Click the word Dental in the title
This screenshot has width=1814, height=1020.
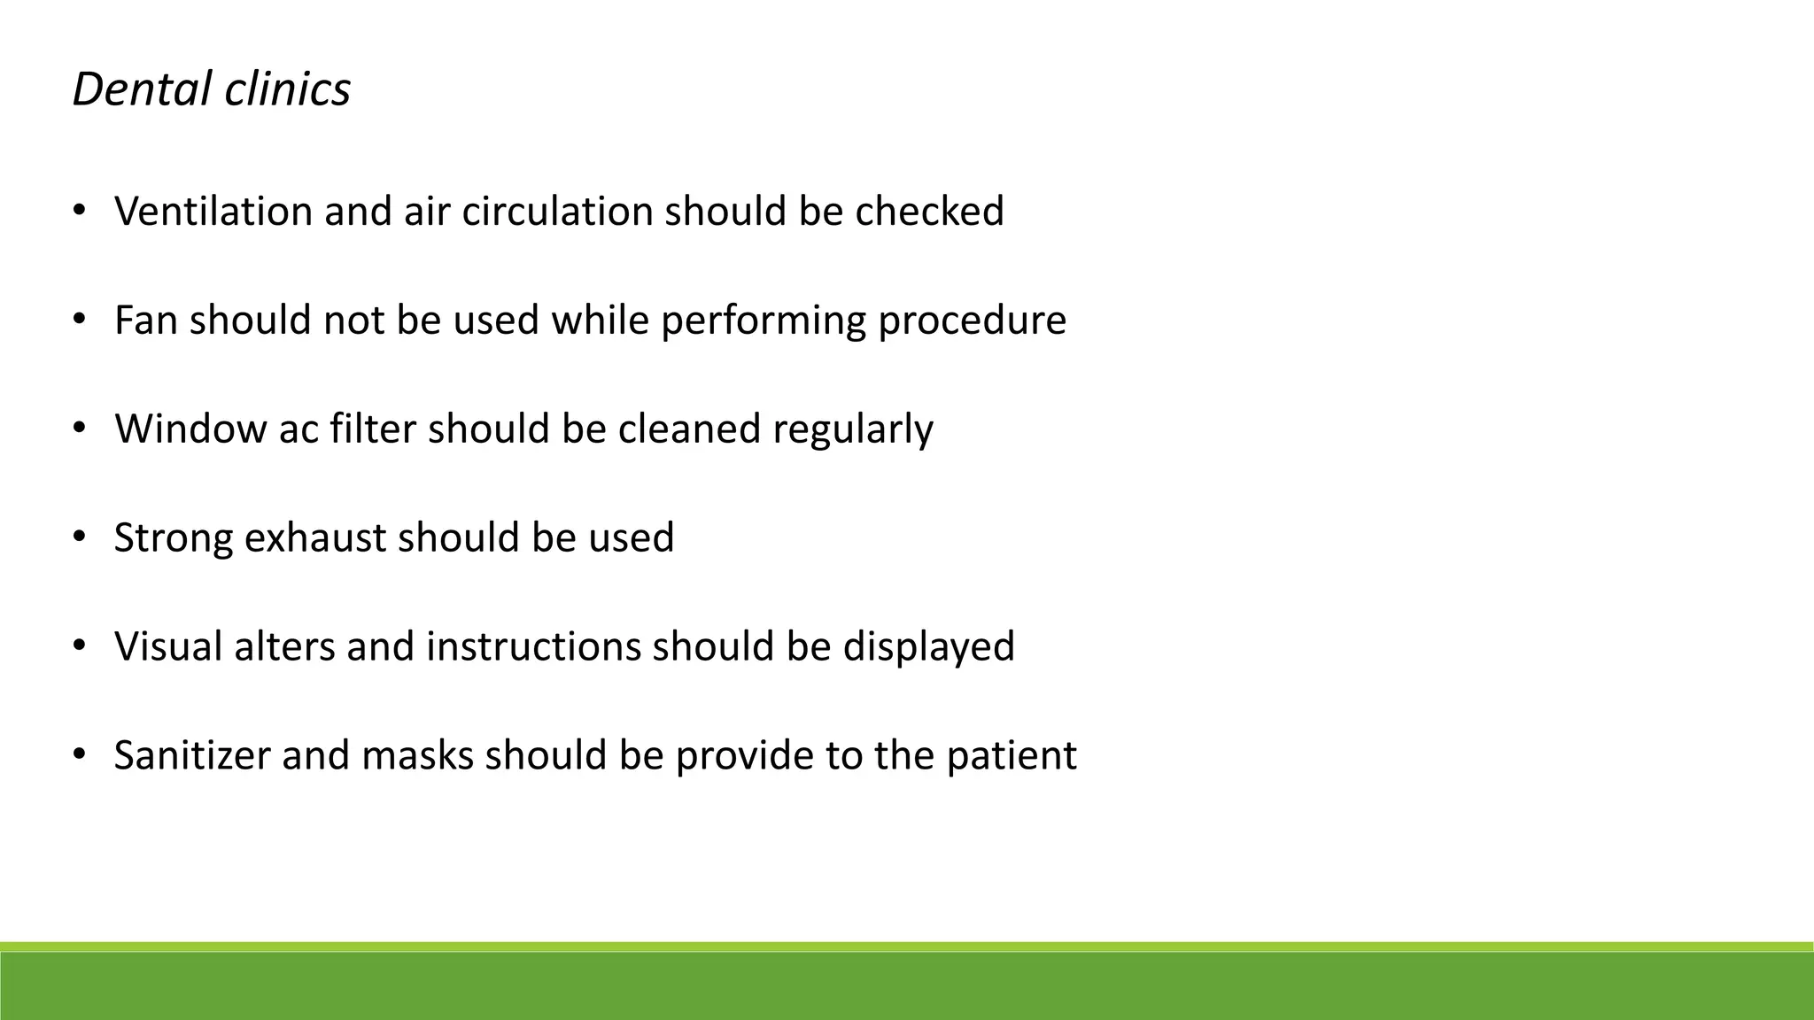coord(142,89)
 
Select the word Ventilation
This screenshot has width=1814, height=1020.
coord(213,212)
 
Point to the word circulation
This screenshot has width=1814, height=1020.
coord(557,212)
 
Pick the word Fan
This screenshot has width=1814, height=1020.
coord(146,321)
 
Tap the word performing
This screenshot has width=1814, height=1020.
coord(763,321)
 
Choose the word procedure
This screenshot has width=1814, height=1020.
coord(972,321)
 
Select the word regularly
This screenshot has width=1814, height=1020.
coord(852,429)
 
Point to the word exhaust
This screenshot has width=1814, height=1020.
coord(314,538)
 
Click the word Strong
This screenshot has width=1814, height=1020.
coord(174,538)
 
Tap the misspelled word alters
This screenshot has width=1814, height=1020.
coord(283,646)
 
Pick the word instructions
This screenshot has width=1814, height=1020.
coord(533,646)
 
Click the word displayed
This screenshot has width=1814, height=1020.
coord(928,646)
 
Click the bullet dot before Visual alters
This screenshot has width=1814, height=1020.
coord(79,646)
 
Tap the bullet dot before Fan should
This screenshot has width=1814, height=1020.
coord(79,320)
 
